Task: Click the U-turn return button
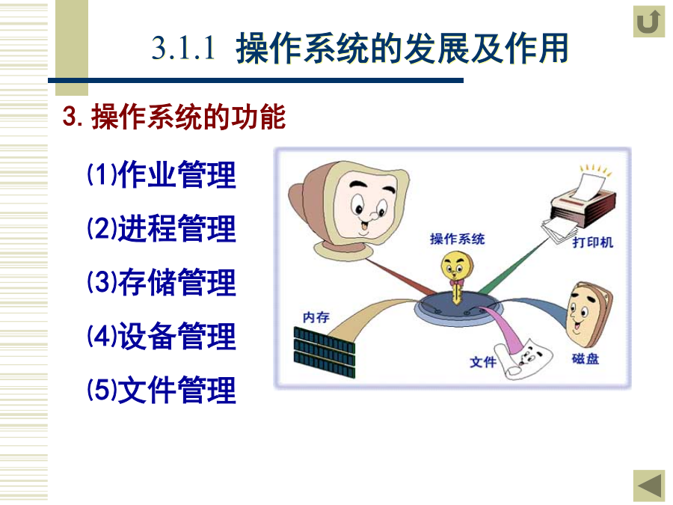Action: coord(648,22)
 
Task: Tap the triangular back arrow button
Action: coord(648,486)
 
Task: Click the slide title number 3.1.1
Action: coord(183,48)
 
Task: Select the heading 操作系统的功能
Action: coord(188,117)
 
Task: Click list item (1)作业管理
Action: coord(162,174)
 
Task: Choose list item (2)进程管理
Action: coord(162,228)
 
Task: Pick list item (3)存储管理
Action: coord(162,282)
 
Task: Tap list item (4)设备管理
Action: coord(162,336)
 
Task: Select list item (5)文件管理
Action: coord(162,390)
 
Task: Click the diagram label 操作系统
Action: coord(457,239)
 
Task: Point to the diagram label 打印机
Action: coord(592,242)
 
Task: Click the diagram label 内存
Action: coord(316,317)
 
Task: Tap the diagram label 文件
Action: coord(483,362)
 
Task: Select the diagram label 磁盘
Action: coord(585,358)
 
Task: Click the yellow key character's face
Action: coord(456,266)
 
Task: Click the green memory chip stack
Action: coord(325,352)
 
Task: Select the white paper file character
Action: coord(523,359)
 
